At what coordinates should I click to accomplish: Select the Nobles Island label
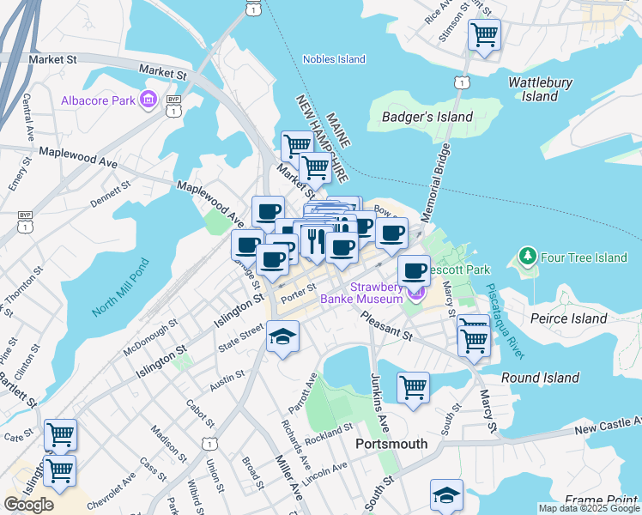[x=334, y=59]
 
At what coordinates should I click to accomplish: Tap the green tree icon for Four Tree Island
[x=525, y=257]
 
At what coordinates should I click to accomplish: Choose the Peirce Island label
[x=570, y=318]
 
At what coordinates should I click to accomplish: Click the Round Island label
[x=540, y=378]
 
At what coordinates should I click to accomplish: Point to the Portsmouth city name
[x=391, y=444]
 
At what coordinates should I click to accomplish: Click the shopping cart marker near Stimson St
[x=484, y=35]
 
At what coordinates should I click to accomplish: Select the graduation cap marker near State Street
[x=282, y=336]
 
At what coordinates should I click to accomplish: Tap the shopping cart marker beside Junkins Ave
[x=413, y=386]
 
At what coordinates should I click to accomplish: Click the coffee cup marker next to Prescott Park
[x=413, y=270]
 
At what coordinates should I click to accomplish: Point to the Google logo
[x=29, y=505]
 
